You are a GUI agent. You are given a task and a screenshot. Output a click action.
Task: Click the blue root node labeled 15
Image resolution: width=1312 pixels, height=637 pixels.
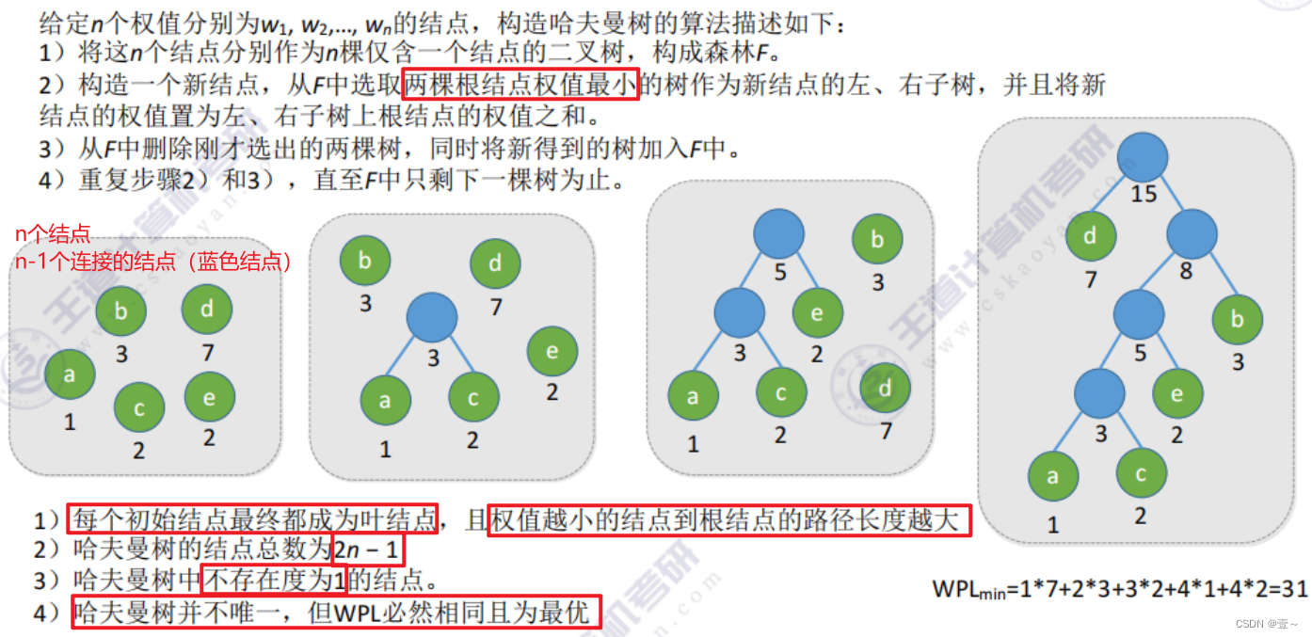click(1144, 158)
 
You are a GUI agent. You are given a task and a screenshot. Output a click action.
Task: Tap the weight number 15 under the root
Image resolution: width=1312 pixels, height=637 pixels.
click(1144, 194)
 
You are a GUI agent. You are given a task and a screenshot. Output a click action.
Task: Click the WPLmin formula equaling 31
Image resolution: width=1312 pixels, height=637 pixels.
click(1120, 589)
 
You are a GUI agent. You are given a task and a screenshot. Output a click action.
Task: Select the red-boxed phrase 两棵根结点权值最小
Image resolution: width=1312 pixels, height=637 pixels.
click(520, 86)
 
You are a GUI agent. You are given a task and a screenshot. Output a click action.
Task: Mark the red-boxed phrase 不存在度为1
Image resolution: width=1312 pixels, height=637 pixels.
click(274, 580)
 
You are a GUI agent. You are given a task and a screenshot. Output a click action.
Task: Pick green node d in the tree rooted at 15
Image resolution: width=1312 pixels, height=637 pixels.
click(1091, 236)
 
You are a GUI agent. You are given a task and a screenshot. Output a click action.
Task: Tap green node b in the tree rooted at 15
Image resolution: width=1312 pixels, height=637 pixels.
click(1237, 319)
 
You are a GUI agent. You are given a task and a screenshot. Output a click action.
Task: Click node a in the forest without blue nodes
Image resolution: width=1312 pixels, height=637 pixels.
click(70, 374)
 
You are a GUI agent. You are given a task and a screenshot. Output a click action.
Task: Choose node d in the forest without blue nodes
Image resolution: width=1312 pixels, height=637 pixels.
click(207, 310)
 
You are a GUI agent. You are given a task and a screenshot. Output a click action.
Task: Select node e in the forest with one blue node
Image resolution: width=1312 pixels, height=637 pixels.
click(552, 352)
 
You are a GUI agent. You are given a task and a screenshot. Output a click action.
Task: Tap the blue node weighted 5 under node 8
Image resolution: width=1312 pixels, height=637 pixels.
click(1139, 315)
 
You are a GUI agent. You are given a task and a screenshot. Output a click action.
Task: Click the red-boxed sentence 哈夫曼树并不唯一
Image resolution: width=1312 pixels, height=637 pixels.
click(335, 613)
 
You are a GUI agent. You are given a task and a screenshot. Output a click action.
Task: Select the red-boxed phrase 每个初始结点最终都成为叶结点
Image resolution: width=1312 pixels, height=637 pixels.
click(254, 518)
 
